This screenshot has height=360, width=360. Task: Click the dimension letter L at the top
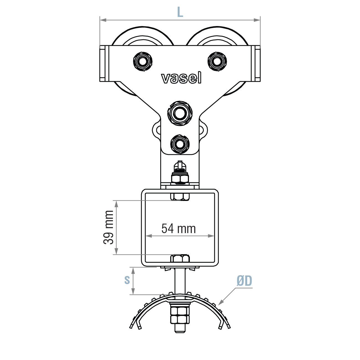tap(180, 12)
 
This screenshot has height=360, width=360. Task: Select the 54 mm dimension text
tap(178, 229)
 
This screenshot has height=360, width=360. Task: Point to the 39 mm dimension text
tap(109, 227)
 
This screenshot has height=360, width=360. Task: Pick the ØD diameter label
tap(244, 281)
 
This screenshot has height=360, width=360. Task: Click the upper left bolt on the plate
tap(143, 61)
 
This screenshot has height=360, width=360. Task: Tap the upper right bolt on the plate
tap(217, 61)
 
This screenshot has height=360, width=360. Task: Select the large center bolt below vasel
tap(180, 113)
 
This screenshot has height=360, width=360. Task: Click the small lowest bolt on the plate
tap(180, 144)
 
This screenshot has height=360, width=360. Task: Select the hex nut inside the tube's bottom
tap(180, 259)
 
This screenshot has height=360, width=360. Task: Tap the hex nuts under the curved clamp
tap(180, 315)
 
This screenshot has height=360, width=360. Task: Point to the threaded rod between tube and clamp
tap(180, 281)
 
